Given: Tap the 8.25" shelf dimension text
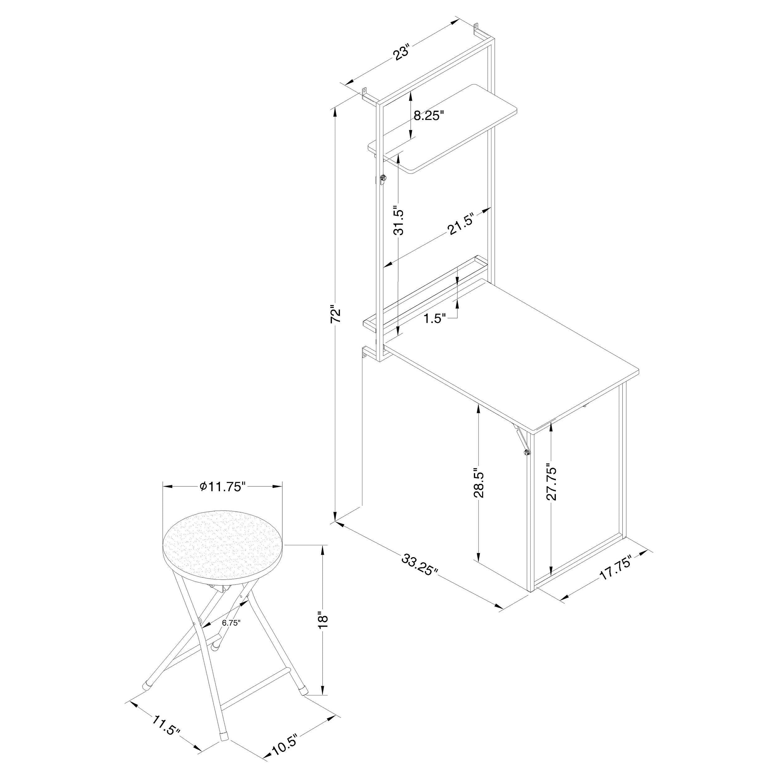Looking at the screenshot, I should (429, 116).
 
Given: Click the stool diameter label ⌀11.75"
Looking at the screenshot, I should (222, 487).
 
